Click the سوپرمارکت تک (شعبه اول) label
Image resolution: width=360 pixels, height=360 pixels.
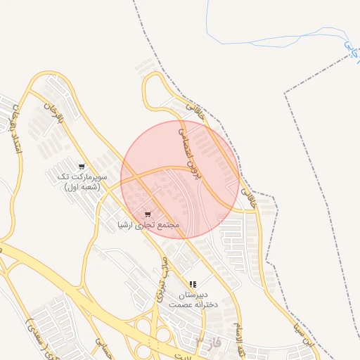point(82,182)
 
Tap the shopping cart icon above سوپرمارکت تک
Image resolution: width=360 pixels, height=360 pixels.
point(82,167)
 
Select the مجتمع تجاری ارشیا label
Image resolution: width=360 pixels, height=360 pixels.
point(148,225)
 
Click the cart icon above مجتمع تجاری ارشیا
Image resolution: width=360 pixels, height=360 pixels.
point(147,214)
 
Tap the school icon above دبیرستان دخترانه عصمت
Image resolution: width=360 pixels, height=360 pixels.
point(193,284)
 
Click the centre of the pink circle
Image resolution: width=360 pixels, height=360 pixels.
point(179,179)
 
